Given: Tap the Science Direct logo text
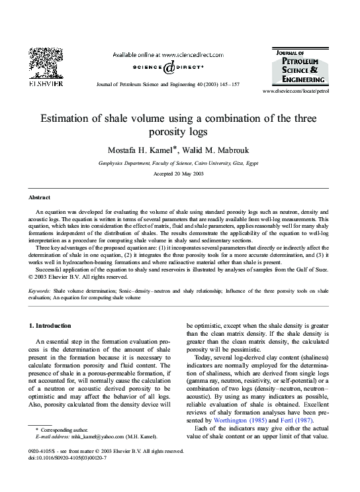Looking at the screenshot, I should click(x=169, y=67).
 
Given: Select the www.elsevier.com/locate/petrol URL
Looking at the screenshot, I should click(x=295, y=91).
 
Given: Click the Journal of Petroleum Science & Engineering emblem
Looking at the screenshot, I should click(x=298, y=66).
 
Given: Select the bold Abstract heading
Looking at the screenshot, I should click(x=40, y=198).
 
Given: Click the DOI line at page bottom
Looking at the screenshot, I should click(x=69, y=458).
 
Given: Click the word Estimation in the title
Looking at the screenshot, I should click(x=69, y=119).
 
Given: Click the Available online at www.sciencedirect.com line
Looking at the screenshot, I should click(x=169, y=54).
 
